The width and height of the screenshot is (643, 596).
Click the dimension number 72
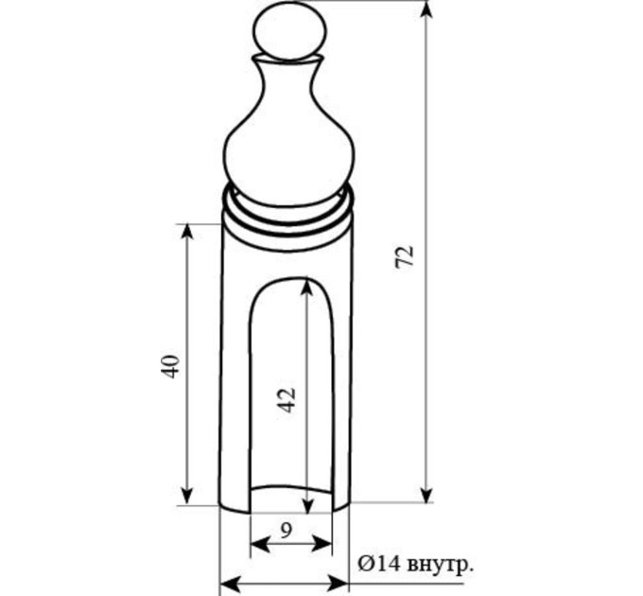tap(405, 257)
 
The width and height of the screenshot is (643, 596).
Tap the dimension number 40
tap(170, 366)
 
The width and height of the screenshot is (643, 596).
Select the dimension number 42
tap(287, 400)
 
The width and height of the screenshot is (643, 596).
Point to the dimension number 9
tap(287, 531)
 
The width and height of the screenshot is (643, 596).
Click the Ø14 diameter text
tap(379, 565)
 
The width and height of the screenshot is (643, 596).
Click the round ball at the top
tap(290, 32)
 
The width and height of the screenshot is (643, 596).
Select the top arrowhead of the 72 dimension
tap(427, 10)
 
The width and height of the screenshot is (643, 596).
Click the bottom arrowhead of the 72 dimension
tap(427, 493)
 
